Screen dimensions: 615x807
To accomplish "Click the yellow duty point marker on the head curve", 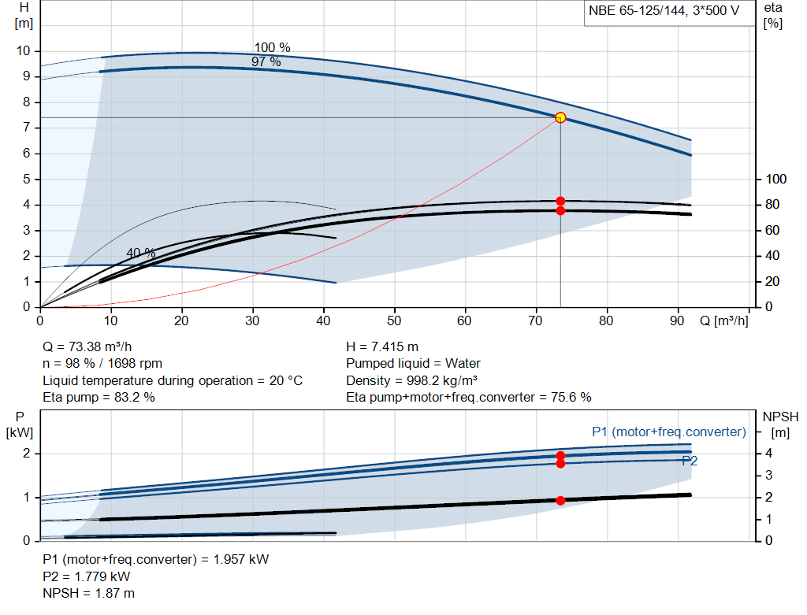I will tap(560, 117).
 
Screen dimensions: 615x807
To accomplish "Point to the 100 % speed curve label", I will tap(272, 47).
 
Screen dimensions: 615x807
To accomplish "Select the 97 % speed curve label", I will tap(266, 61).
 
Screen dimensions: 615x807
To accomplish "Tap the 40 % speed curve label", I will tap(141, 254).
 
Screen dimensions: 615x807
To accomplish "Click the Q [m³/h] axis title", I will tap(723, 320).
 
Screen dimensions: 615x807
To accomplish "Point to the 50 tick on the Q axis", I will tap(394, 320).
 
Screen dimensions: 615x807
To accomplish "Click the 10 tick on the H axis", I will tap(23, 51).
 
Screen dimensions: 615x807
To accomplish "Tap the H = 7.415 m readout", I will tap(382, 346).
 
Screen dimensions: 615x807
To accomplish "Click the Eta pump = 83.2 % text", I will tap(99, 398).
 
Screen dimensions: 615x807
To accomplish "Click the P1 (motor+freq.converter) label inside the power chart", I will tap(668, 432).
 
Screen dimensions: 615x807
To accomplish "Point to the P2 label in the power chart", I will tap(690, 461).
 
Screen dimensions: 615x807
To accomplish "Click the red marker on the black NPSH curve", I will tap(560, 501).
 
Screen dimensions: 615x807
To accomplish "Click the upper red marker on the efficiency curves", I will tap(560, 201).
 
